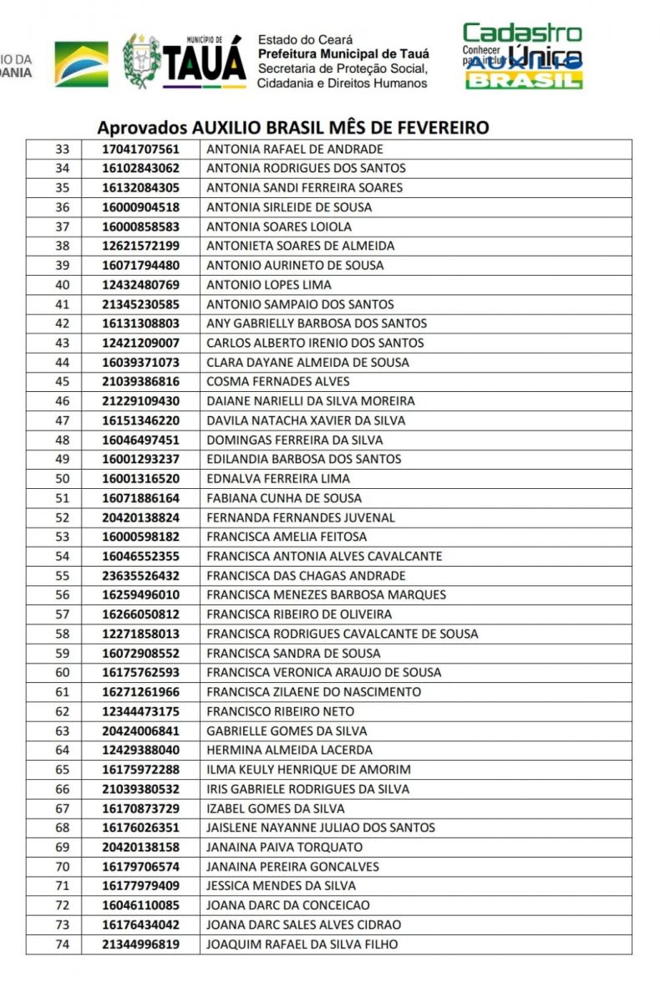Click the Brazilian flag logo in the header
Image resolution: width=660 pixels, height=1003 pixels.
point(81,64)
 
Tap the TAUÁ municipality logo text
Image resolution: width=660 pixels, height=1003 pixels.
point(204,63)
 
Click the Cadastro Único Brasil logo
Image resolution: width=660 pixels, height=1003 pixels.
point(523,56)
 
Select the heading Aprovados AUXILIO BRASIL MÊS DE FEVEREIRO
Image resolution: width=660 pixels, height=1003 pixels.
point(292,128)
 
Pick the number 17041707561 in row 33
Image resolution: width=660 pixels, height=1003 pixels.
point(140,150)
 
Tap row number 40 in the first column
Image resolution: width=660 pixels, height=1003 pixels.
point(62,285)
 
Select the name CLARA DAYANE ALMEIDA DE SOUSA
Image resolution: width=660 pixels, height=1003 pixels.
point(307,363)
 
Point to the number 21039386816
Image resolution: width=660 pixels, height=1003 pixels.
point(140,382)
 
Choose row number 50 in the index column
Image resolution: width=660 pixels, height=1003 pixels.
point(62,479)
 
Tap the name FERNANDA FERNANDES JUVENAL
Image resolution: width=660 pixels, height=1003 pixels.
point(301,517)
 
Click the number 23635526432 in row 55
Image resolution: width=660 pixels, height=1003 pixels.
point(140,576)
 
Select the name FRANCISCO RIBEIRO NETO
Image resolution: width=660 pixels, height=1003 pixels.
point(280,711)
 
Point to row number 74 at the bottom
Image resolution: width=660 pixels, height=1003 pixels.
point(62,944)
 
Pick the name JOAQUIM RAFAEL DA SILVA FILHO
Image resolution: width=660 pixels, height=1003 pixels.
point(302,944)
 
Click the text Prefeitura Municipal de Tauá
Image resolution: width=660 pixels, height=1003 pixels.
point(343,53)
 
